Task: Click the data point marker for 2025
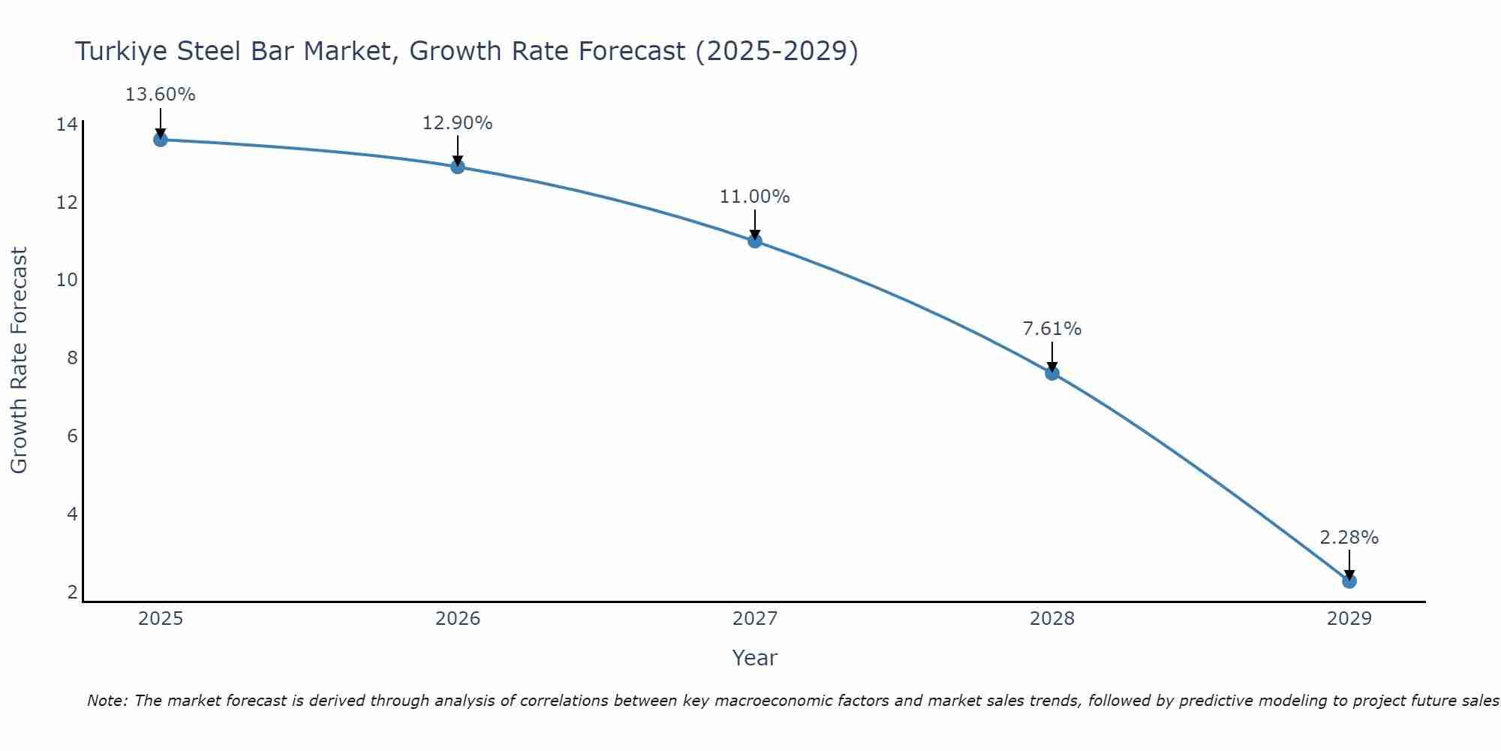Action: pos(161,140)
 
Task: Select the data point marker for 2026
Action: pos(458,167)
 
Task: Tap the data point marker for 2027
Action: pos(755,241)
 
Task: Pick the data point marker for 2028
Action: pos(1052,373)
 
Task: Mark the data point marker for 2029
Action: pos(1349,581)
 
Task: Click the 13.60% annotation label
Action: pos(160,95)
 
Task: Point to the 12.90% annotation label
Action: pos(457,123)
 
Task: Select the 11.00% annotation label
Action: pos(754,197)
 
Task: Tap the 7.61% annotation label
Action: pos(1051,329)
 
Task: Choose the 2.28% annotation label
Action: pos(1349,538)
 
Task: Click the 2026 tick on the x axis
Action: pos(458,619)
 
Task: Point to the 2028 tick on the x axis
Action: pos(1052,619)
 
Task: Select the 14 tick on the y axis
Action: pos(67,125)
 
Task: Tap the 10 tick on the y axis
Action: pos(67,280)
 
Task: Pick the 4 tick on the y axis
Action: pos(72,514)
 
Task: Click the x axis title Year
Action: pos(754,658)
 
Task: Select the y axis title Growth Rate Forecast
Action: pos(19,360)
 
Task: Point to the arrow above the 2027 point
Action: pos(755,225)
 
